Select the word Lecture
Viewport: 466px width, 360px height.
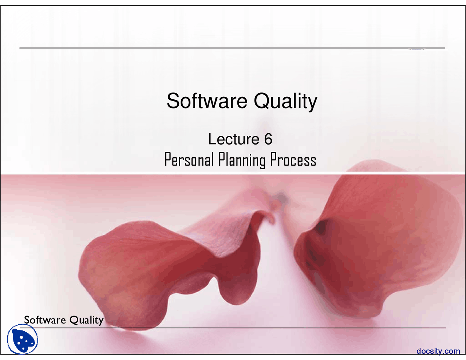click(x=233, y=139)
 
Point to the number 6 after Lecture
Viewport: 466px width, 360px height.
click(x=268, y=139)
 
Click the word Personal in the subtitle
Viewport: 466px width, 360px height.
click(x=189, y=160)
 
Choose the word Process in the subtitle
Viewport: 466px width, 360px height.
click(x=293, y=160)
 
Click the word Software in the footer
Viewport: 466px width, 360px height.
click(x=45, y=320)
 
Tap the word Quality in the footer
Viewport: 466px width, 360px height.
click(x=86, y=320)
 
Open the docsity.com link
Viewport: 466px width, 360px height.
click(x=438, y=351)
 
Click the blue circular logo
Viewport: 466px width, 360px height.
click(x=23, y=339)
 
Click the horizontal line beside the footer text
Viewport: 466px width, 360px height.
click(x=273, y=328)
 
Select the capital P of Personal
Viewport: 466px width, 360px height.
click(x=167, y=159)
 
